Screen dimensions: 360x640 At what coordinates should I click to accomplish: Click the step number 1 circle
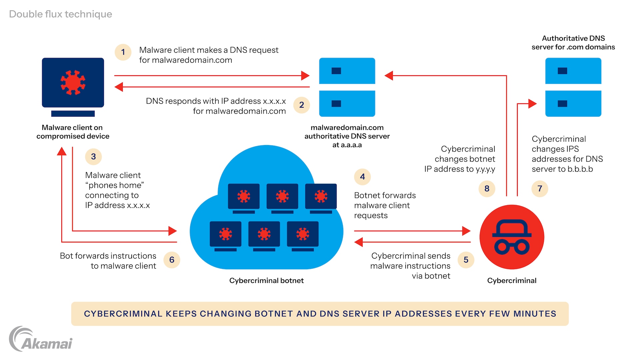[123, 52]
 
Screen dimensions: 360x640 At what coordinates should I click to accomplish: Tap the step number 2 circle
[302, 105]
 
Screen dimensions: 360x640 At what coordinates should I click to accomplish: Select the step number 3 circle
[93, 157]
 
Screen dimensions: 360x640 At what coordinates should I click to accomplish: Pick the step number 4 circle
[362, 177]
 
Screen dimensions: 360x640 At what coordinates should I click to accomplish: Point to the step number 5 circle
[466, 260]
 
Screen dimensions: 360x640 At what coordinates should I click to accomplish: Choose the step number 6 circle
[172, 260]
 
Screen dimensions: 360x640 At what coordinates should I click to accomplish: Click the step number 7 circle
[540, 189]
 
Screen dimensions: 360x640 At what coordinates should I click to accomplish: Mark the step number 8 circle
[487, 189]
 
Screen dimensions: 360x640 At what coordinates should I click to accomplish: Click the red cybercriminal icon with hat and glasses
[512, 237]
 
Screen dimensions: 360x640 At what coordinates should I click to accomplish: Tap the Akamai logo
[41, 339]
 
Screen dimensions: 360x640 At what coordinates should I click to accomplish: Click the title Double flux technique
[60, 14]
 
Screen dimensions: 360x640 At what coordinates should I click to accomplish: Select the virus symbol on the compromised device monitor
[73, 82]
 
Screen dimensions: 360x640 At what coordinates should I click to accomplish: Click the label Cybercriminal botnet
[266, 281]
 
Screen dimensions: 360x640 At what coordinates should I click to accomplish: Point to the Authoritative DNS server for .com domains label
[573, 43]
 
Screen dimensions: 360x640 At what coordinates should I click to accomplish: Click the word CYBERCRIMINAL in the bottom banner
[123, 314]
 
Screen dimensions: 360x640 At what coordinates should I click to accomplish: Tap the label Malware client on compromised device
[73, 132]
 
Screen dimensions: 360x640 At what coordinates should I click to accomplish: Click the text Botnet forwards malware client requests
[385, 205]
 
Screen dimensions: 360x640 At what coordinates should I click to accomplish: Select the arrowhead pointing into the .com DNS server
[532, 104]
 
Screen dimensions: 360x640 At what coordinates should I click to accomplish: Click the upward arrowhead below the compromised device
[62, 152]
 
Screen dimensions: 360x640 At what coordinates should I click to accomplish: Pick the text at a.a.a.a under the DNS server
[347, 145]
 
